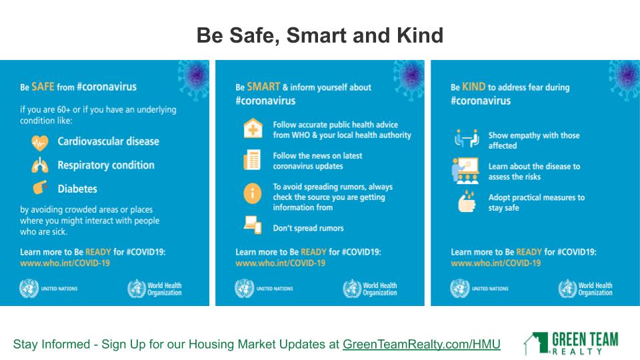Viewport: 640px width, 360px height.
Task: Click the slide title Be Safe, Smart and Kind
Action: point(319,35)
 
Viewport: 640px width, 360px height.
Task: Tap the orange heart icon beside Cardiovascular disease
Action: point(40,143)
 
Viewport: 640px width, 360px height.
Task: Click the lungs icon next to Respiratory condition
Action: point(40,165)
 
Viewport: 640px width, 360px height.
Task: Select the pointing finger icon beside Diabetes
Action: point(40,188)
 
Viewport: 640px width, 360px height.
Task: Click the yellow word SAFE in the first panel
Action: point(43,87)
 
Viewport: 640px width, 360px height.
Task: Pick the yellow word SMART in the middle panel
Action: point(263,87)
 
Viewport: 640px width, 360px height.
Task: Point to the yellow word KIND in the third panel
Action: point(473,87)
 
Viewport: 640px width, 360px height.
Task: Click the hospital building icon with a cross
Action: point(253,128)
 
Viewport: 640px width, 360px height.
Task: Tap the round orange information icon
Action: point(253,193)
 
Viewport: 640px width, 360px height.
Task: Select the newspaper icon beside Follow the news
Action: point(252,159)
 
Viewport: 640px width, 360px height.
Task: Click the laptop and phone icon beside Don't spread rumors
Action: point(253,225)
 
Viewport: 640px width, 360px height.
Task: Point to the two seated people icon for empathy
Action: point(467,138)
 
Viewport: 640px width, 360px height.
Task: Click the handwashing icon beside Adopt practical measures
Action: point(467,201)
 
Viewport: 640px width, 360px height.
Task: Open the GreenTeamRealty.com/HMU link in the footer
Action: point(421,344)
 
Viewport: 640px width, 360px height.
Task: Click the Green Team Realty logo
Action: point(571,343)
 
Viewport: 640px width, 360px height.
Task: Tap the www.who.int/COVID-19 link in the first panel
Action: point(65,263)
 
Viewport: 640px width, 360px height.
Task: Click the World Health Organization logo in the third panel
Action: point(585,289)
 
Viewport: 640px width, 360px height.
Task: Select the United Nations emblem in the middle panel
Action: point(244,289)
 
